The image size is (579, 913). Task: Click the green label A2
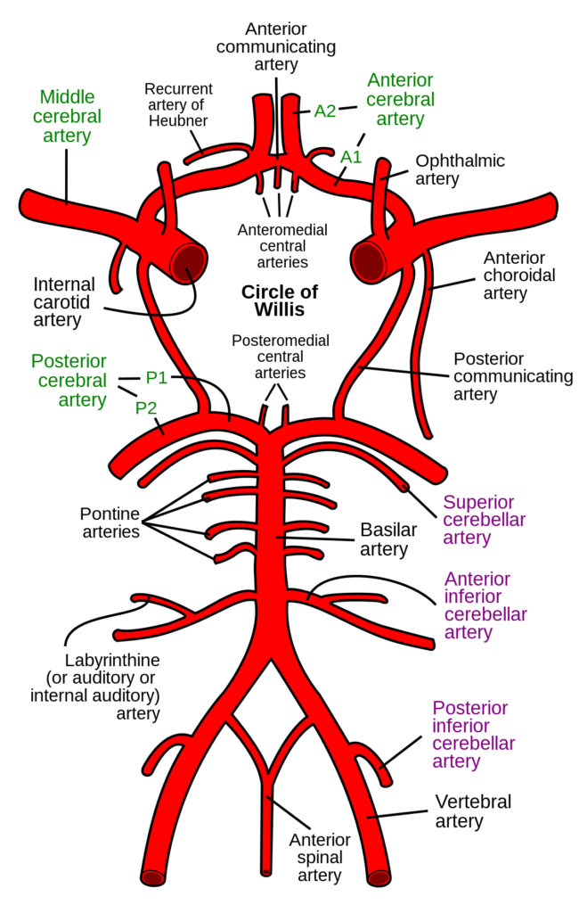pyautogui.click(x=325, y=111)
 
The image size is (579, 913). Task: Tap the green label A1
pyautogui.click(x=350, y=157)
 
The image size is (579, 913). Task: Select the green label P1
pyautogui.click(x=156, y=378)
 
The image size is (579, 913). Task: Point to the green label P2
pyautogui.click(x=146, y=408)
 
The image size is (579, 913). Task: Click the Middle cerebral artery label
pyautogui.click(x=67, y=117)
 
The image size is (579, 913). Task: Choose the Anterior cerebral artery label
pyautogui.click(x=400, y=99)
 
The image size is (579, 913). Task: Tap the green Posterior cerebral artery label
pyautogui.click(x=69, y=381)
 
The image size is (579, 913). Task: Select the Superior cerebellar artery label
pyautogui.click(x=484, y=520)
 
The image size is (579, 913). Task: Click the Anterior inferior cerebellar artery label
pyautogui.click(x=485, y=605)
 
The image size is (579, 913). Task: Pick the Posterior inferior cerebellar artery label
pyautogui.click(x=473, y=734)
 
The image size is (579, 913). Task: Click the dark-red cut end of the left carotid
pyautogui.click(x=188, y=260)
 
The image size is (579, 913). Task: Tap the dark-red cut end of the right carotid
pyautogui.click(x=368, y=261)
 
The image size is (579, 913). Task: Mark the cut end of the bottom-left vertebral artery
pyautogui.click(x=153, y=877)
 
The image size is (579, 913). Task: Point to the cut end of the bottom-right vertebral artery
pyautogui.click(x=379, y=877)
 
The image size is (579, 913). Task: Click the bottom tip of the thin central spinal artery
pyautogui.click(x=265, y=870)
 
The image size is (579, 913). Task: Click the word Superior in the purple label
pyautogui.click(x=478, y=502)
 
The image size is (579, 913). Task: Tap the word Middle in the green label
pyautogui.click(x=67, y=96)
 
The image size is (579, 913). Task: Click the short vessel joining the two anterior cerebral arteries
pyautogui.click(x=277, y=160)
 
